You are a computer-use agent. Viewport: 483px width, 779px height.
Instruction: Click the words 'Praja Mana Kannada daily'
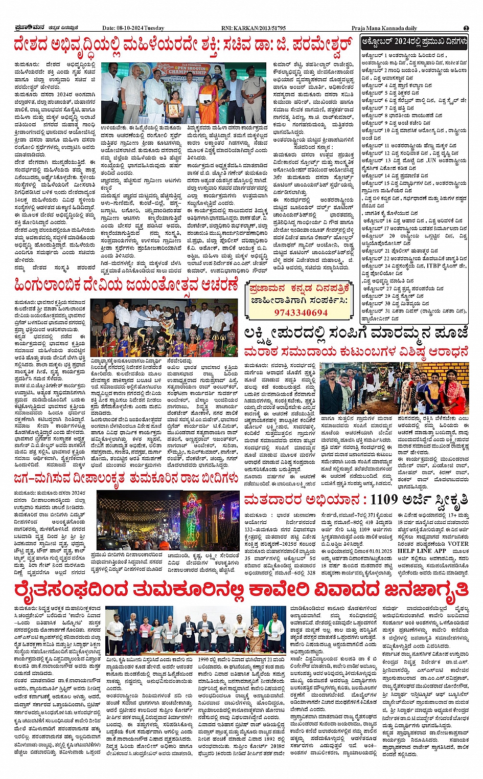(x=384, y=28)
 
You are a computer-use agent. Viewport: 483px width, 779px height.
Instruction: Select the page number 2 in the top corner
(x=466, y=28)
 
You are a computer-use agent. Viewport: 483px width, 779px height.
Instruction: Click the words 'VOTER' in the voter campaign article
(x=458, y=544)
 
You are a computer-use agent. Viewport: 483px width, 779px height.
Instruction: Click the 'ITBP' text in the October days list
(x=433, y=266)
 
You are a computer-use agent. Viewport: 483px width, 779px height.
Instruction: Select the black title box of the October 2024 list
(x=414, y=41)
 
